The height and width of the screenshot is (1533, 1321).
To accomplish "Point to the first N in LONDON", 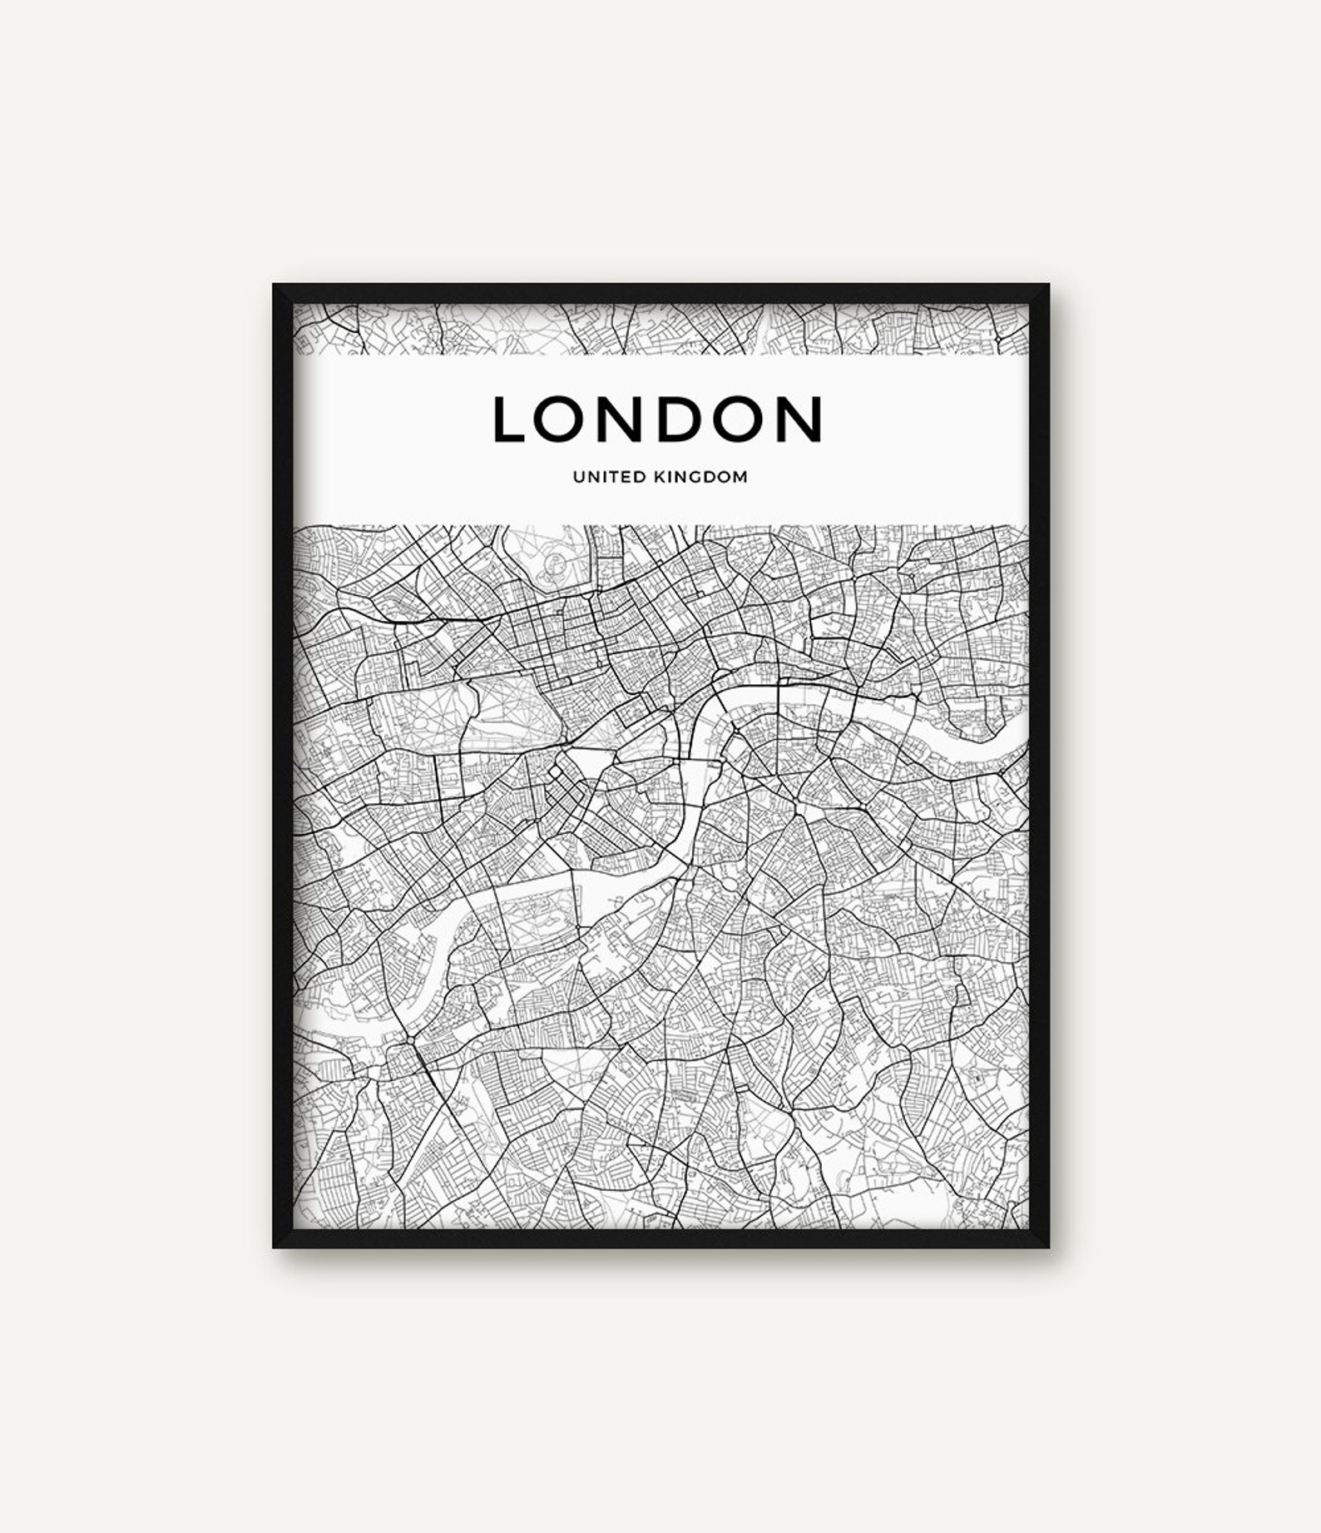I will point(615,419).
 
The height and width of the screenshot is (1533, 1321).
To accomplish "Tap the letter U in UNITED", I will point(576,478).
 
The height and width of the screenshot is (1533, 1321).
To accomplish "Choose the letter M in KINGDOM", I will point(739,478).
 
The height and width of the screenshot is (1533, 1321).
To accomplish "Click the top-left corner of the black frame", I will point(274,285).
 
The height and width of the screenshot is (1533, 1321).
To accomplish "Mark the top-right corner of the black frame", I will point(1048,285).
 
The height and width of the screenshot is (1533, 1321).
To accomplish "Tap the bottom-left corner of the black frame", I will point(274,1248).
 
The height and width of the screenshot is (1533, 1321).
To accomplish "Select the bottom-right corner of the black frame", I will point(1048,1248).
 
